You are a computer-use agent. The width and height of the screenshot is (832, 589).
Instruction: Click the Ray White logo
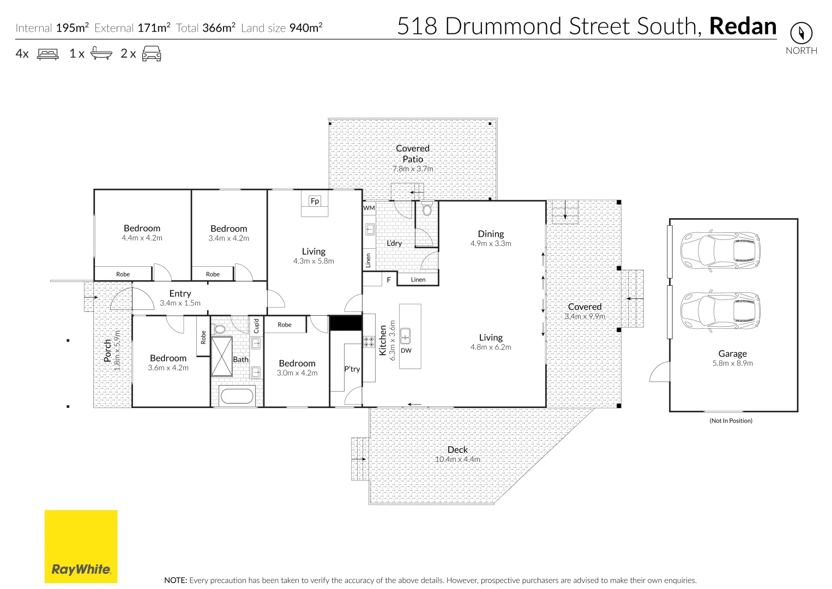(x=81, y=546)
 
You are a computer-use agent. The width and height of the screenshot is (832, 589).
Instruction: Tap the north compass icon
(x=800, y=33)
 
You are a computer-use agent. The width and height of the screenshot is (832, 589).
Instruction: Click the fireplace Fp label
(x=315, y=201)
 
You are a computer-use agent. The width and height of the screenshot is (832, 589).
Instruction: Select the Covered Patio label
(x=413, y=153)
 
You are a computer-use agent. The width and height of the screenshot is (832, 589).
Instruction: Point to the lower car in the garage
(x=720, y=310)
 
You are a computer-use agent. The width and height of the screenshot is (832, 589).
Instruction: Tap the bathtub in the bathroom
(x=236, y=395)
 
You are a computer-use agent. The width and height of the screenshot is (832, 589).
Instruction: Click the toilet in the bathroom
(x=220, y=329)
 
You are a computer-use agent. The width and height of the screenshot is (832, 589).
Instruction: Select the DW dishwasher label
(x=406, y=351)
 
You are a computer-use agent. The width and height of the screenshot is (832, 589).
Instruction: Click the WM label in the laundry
(x=369, y=208)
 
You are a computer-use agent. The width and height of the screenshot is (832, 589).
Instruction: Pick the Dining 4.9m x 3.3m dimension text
(x=491, y=244)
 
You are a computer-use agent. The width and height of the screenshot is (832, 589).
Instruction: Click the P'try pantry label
(x=352, y=369)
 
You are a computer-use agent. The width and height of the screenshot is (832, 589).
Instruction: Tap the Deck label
(x=457, y=449)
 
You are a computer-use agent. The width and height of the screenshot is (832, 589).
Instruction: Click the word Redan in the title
(x=743, y=26)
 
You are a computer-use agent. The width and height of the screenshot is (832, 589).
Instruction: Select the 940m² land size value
(x=305, y=28)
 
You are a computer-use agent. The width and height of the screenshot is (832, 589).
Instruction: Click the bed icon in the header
(x=47, y=53)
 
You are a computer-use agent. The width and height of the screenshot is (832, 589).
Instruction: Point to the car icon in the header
(x=151, y=53)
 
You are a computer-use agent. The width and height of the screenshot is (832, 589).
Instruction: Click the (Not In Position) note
(x=731, y=420)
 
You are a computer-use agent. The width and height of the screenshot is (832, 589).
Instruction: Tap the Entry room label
(x=180, y=293)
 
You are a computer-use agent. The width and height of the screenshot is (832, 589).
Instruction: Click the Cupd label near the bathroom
(x=256, y=326)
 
